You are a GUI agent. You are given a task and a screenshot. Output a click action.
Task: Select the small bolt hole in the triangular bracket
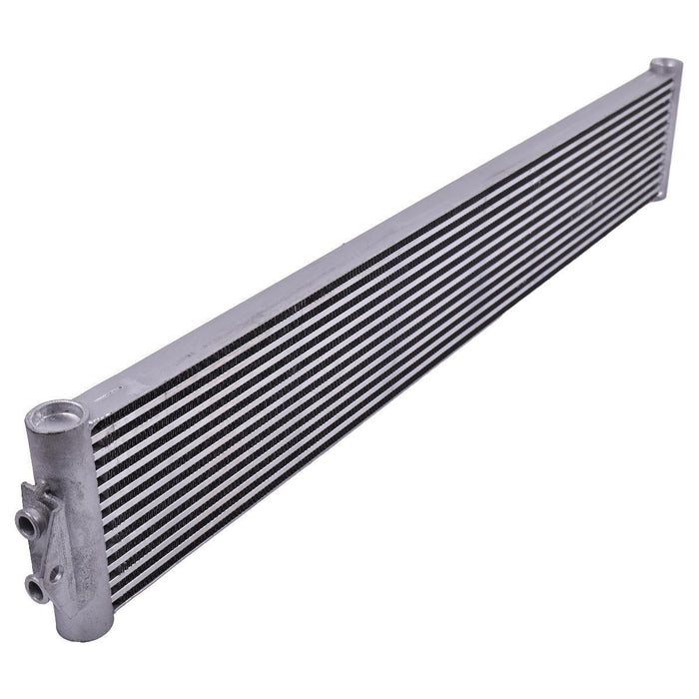point(57,574)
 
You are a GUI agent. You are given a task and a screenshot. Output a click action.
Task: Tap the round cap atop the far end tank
point(665,67)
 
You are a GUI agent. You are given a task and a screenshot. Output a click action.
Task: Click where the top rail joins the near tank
point(95,399)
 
